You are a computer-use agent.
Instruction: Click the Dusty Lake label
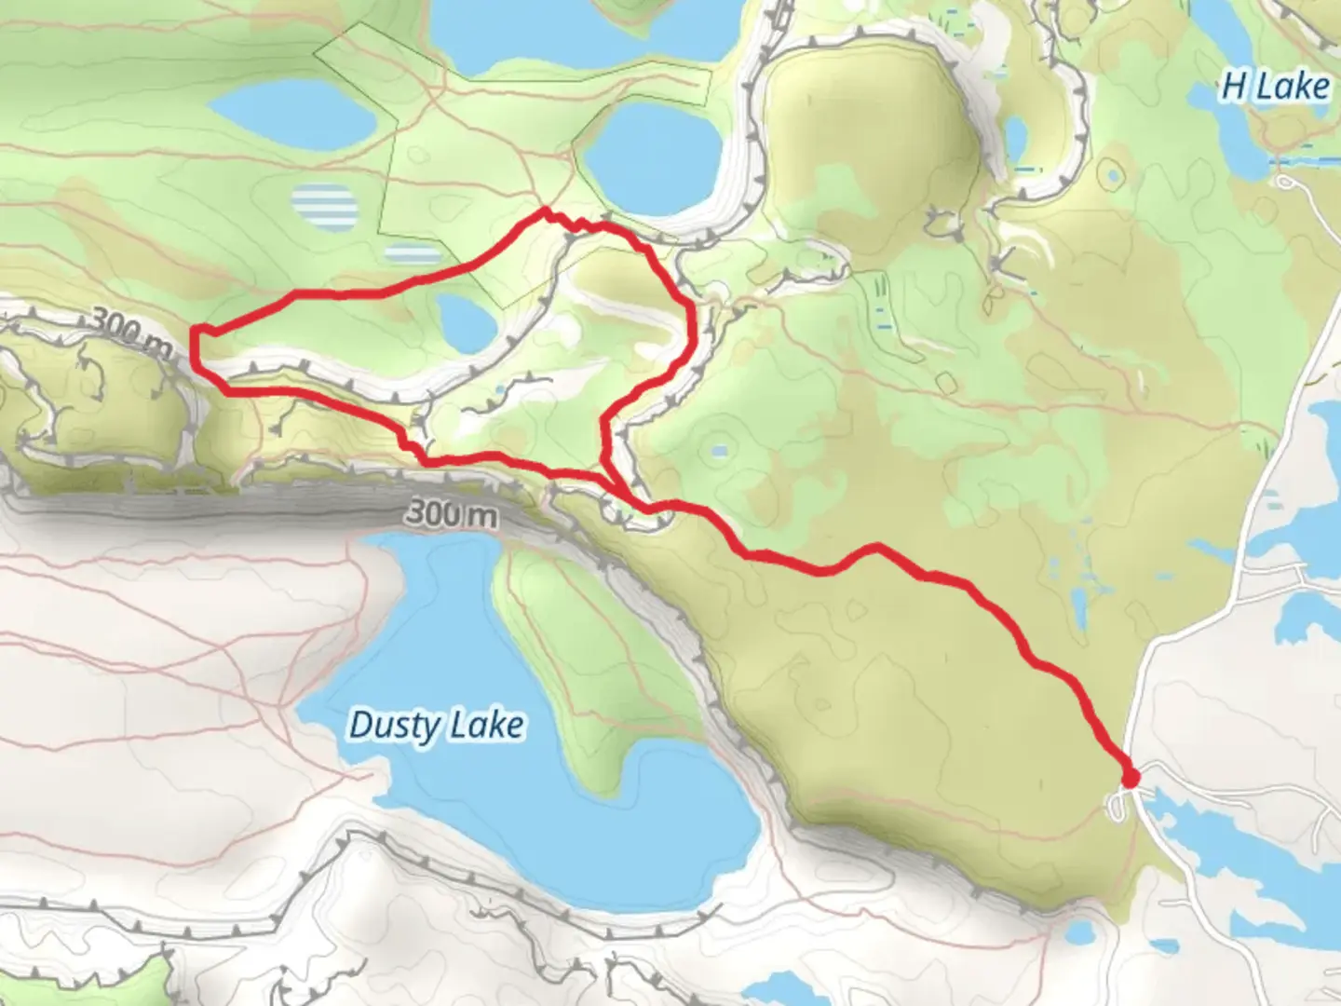tap(436, 726)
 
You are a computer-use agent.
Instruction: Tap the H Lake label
tap(1275, 87)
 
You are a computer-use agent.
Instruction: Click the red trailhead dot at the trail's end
tap(1131, 778)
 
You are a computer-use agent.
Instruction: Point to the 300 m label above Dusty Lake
tap(451, 513)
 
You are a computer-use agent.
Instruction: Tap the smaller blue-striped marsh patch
tap(413, 253)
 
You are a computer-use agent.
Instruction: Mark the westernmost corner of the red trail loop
tap(195, 331)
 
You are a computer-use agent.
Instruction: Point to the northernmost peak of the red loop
tap(543, 212)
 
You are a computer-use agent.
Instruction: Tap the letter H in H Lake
tap(1233, 87)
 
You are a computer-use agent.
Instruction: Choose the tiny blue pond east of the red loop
tap(719, 452)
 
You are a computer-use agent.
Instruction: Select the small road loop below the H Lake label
tap(1288, 182)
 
